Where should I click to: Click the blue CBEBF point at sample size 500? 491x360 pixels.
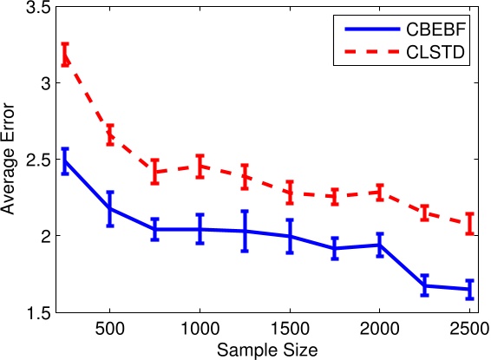coord(110,209)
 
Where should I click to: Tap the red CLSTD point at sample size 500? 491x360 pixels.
coord(110,135)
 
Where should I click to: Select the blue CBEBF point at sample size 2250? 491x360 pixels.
coord(425,285)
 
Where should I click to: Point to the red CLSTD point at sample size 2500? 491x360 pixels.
coord(469,224)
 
